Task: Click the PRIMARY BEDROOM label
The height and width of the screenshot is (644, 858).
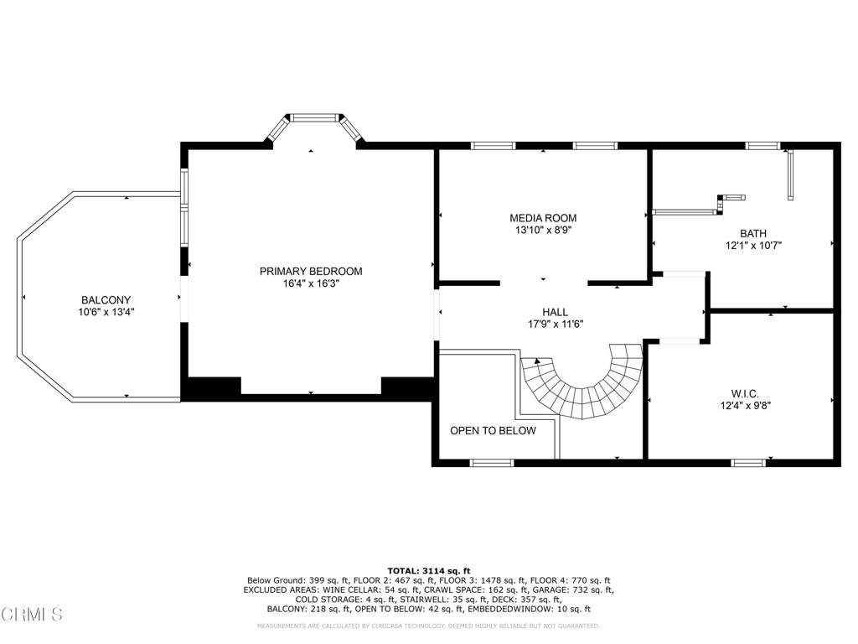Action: (x=310, y=271)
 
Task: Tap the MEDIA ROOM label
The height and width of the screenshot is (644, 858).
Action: (x=543, y=218)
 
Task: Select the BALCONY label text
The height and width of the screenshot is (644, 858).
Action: (x=106, y=300)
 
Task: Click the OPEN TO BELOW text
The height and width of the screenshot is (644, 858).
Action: (x=493, y=431)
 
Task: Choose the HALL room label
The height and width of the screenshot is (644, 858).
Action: (x=555, y=312)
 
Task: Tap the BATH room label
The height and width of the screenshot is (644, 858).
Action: (x=752, y=234)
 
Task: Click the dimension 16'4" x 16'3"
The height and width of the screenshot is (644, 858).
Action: (x=310, y=283)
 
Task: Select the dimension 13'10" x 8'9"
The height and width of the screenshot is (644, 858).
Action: (x=543, y=230)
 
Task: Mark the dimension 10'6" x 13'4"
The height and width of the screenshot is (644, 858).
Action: (x=106, y=312)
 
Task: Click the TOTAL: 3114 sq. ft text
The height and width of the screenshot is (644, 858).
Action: (x=428, y=569)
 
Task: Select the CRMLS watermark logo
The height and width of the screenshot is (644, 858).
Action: (x=32, y=615)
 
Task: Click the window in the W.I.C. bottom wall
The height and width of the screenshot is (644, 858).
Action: (x=748, y=462)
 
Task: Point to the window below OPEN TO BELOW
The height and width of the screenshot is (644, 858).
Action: (x=492, y=462)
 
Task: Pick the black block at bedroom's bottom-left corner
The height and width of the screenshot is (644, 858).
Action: (x=211, y=387)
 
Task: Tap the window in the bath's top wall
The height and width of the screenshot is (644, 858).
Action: (x=762, y=146)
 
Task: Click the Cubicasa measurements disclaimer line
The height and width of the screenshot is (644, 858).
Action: (x=428, y=626)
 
